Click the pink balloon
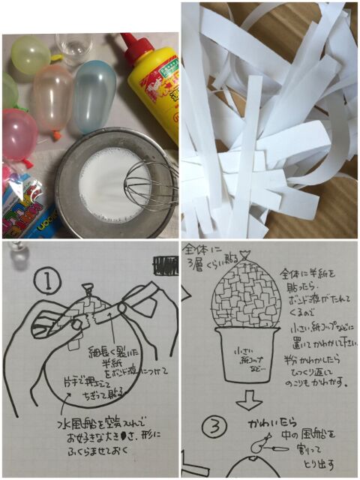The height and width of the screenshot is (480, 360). tap(18, 134)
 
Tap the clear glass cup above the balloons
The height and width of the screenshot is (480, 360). tap(73, 49)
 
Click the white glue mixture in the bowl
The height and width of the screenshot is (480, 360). tap(105, 183)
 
